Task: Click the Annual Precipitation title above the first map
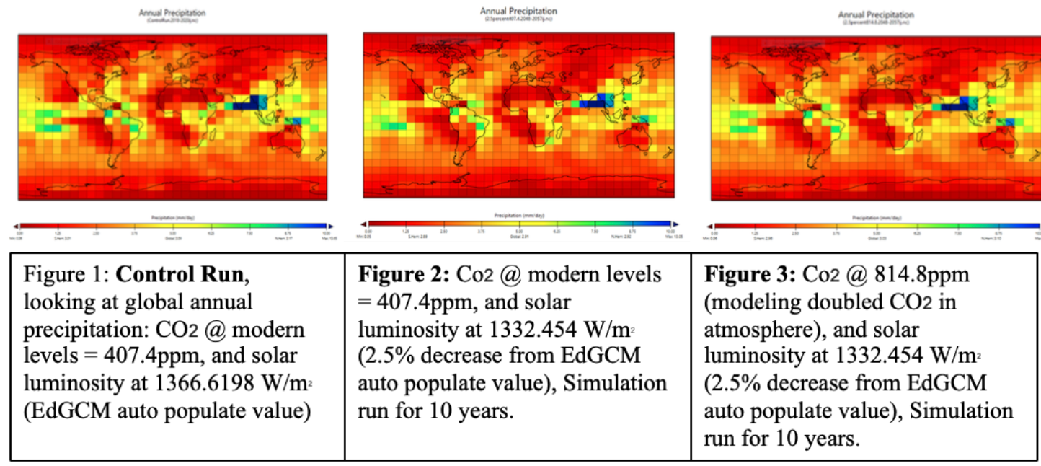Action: click(172, 13)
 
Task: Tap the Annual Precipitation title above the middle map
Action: click(518, 11)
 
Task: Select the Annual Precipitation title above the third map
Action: click(875, 14)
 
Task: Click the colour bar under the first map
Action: click(172, 227)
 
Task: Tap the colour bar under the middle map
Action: click(518, 224)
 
